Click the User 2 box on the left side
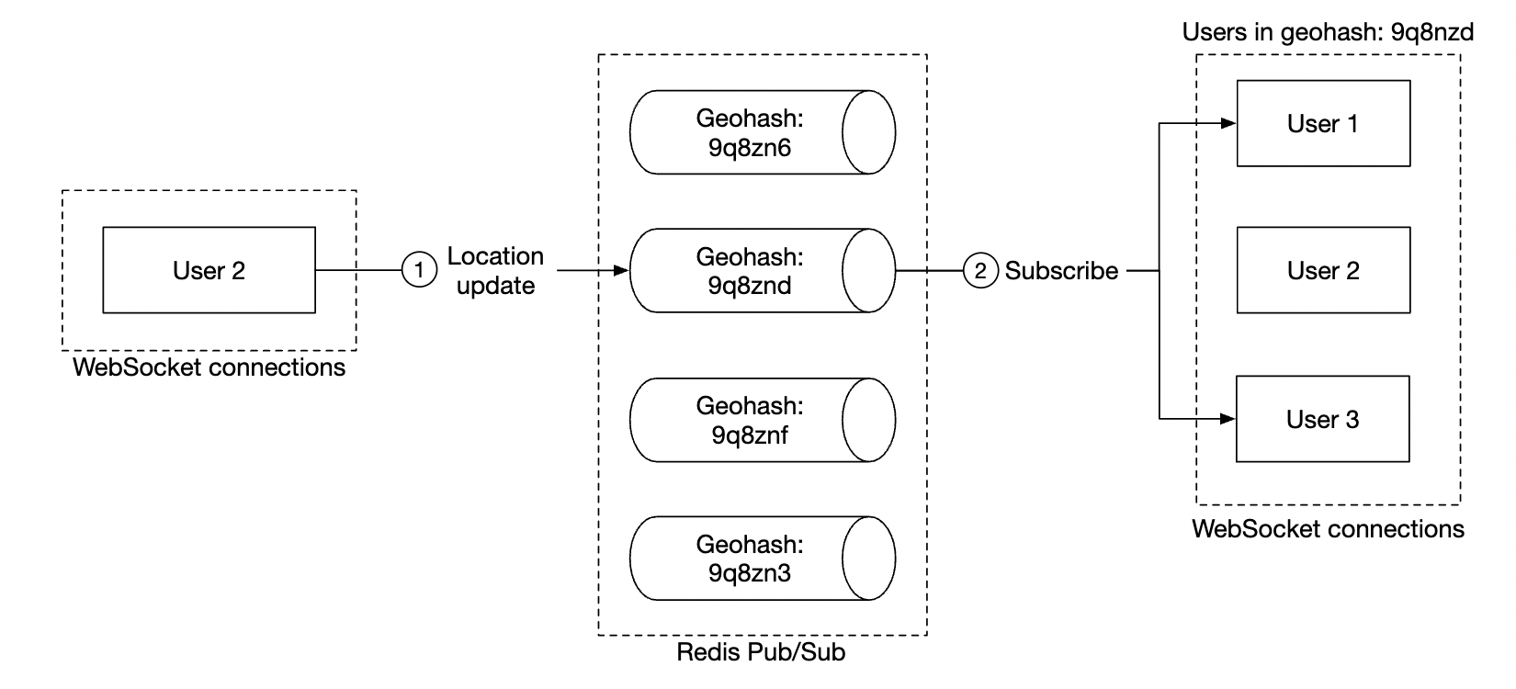(x=209, y=270)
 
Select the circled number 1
(x=420, y=270)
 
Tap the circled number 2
(x=980, y=271)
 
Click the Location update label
(x=495, y=271)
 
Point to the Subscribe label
(x=1061, y=271)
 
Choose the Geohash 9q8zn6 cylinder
(x=749, y=132)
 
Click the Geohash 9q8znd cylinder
(x=749, y=271)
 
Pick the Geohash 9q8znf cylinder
(x=749, y=420)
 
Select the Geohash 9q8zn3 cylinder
(x=749, y=559)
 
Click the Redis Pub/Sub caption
(x=761, y=653)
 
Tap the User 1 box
(x=1323, y=123)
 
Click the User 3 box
(x=1322, y=419)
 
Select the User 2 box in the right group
(x=1323, y=270)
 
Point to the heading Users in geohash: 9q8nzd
(x=1327, y=33)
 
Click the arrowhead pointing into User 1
(x=1228, y=123)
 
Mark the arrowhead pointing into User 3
(x=1228, y=419)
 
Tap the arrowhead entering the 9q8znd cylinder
(x=621, y=271)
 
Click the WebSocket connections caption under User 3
(x=1327, y=529)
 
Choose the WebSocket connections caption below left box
(x=209, y=367)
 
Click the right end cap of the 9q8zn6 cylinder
(x=868, y=132)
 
